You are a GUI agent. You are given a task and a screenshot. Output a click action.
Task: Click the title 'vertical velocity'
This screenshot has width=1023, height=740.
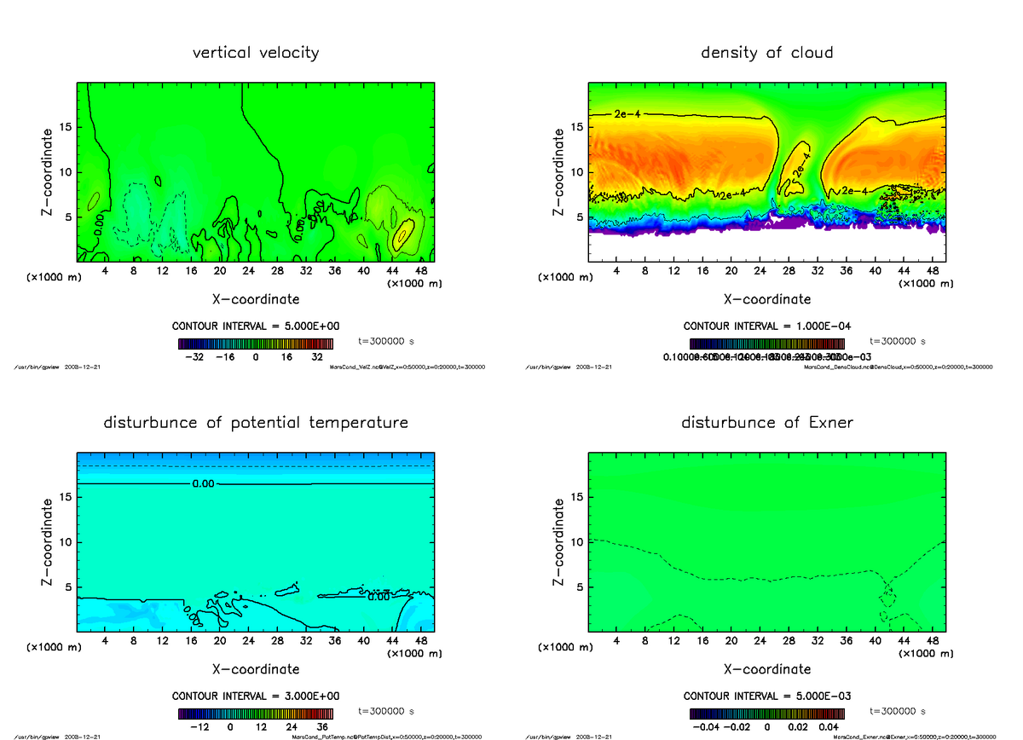(256, 53)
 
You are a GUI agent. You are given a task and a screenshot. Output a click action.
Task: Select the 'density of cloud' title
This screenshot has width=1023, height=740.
(767, 53)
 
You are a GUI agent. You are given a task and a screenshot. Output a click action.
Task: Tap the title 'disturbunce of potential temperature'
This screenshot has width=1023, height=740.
(256, 423)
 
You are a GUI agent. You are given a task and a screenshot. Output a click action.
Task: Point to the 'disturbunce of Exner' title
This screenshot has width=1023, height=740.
(767, 423)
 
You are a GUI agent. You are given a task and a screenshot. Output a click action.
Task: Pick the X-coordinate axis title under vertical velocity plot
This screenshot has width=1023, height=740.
(256, 299)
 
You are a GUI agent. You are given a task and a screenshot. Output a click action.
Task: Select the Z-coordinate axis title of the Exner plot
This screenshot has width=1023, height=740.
(558, 542)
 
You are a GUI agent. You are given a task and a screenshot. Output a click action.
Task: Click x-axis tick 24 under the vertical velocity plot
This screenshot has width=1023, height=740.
(248, 270)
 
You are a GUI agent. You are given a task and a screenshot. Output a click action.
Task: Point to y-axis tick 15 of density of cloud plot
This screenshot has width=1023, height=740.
(576, 127)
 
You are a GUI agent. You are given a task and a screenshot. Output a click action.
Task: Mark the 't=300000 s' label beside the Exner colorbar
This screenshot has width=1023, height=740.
(898, 710)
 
